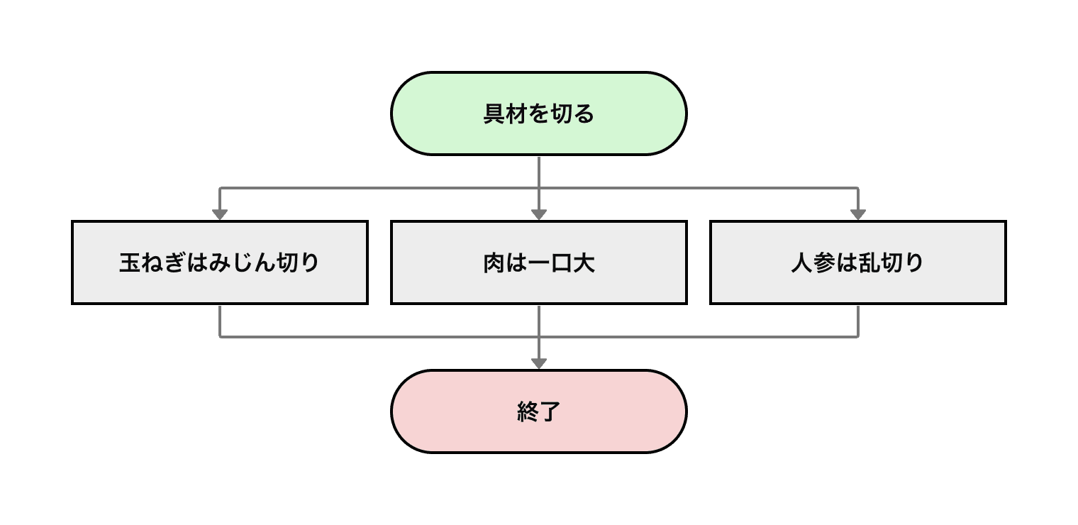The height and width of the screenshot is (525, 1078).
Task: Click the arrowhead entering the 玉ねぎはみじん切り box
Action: [220, 214]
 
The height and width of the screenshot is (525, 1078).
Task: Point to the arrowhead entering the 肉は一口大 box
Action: [539, 214]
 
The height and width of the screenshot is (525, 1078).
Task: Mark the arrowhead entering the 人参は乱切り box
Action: [858, 214]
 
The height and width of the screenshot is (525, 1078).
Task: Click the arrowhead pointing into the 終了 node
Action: [539, 363]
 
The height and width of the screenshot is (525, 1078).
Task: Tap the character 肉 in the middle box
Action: [494, 263]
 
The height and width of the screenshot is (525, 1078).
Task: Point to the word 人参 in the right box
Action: [813, 263]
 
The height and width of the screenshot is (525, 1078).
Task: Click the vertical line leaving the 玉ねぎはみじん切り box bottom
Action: [220, 320]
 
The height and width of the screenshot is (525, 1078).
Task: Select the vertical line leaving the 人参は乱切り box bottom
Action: [858, 320]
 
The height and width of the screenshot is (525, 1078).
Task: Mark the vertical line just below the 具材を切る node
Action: [539, 171]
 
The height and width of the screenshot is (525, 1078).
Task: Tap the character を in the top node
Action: [538, 114]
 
